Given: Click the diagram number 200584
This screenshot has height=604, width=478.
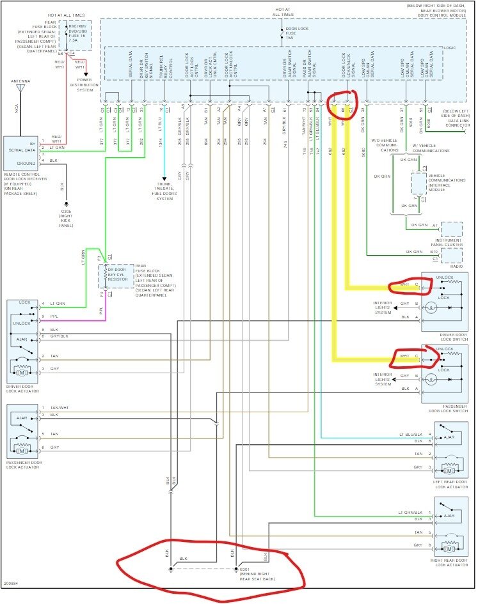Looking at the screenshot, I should (x=11, y=584).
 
